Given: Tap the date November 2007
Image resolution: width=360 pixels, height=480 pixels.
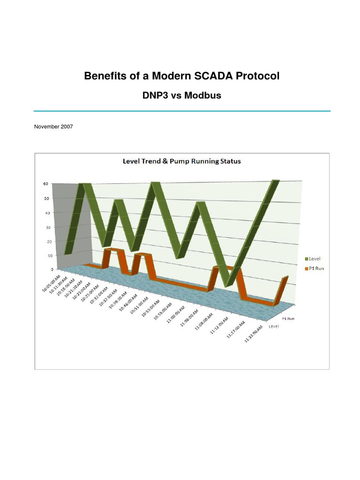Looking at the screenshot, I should click(x=53, y=127).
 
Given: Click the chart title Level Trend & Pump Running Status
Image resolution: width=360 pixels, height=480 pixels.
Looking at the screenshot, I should click(x=181, y=161).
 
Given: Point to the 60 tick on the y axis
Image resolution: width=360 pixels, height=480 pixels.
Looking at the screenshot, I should click(x=46, y=184).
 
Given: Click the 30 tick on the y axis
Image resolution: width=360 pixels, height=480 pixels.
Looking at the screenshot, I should click(x=46, y=227).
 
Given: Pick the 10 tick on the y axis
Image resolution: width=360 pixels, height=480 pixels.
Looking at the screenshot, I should click(x=46, y=255).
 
